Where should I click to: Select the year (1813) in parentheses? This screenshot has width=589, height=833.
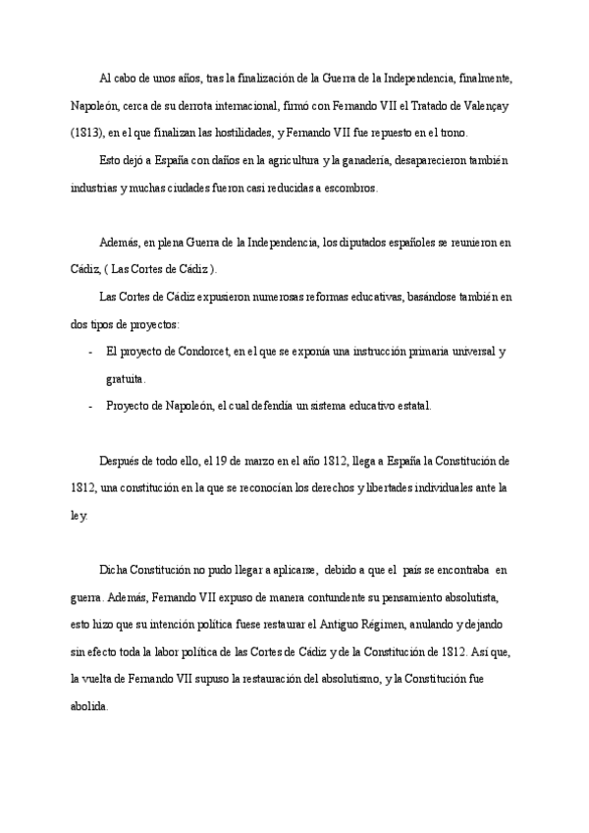[86, 133]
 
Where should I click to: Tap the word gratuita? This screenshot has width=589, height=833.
[125, 378]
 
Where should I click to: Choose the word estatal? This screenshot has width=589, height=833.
[409, 405]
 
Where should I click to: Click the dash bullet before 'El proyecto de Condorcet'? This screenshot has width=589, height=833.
[90, 351]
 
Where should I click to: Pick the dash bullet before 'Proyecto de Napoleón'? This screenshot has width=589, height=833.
[90, 405]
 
